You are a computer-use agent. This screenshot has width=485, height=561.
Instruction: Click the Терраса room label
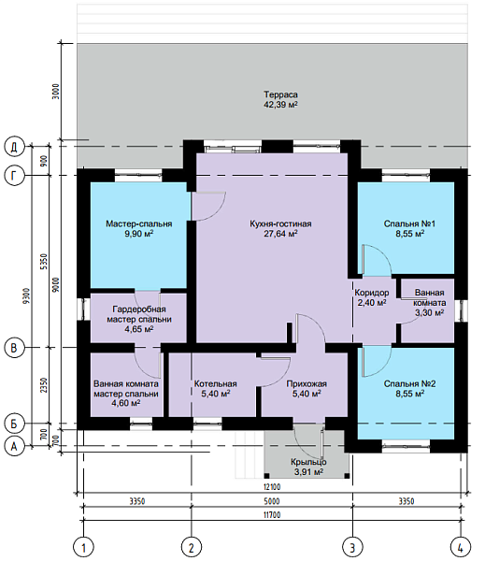[280, 94]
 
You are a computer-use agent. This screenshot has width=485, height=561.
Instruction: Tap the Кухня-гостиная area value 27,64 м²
[280, 234]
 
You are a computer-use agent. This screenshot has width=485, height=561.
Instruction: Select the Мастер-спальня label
[139, 224]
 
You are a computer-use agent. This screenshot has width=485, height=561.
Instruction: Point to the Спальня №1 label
[409, 224]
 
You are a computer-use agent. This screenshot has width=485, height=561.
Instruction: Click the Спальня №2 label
[409, 384]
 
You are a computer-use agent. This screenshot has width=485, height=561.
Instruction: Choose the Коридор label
[372, 293]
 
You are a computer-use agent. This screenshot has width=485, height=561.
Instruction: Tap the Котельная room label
[215, 384]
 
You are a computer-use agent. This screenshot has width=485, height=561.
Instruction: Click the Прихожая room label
[307, 384]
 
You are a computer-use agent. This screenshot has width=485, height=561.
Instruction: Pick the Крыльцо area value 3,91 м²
[308, 472]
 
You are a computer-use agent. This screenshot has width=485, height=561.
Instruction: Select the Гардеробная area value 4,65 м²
[139, 329]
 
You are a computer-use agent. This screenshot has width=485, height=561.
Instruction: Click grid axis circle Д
[14, 147]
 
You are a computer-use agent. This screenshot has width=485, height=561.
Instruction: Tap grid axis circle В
[14, 348]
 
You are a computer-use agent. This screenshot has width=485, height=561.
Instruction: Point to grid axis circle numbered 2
[192, 547]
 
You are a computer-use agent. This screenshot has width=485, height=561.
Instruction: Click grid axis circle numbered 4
[461, 547]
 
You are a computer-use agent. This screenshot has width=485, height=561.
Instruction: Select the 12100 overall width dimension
[272, 487]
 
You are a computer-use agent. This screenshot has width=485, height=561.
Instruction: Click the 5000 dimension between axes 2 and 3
[272, 501]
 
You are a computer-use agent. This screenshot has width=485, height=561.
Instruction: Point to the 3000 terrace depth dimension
[55, 92]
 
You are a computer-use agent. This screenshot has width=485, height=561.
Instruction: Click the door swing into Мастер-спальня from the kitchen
[208, 206]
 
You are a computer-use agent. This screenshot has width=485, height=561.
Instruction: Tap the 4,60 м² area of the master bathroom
[126, 403]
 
